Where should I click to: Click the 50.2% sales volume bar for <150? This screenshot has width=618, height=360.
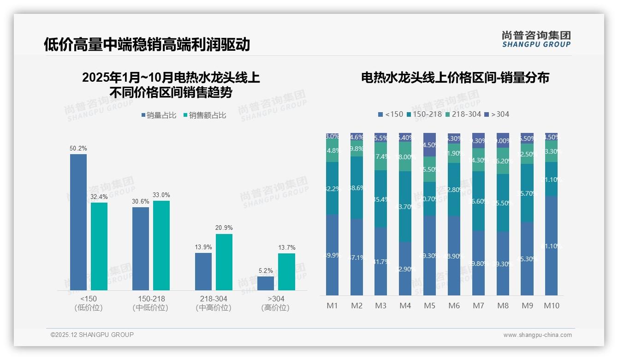coord(78,222)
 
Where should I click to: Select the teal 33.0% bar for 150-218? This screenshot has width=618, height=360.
coord(161,246)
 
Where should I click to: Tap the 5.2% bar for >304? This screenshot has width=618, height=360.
coord(266,283)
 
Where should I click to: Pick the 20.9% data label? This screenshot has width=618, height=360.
coord(224,228)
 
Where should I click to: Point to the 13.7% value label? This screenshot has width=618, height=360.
coord(286,247)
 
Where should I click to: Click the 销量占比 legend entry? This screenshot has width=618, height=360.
coord(159,115)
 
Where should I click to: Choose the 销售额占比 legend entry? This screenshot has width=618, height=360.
coord(205,115)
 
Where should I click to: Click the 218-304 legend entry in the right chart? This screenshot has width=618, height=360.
coord(463,114)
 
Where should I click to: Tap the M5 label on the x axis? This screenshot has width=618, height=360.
coord(429,306)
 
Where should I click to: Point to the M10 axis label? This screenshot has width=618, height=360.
coord(551,306)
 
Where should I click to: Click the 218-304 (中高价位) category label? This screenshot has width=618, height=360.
coord(213,303)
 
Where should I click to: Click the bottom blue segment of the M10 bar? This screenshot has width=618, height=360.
coord(551,246)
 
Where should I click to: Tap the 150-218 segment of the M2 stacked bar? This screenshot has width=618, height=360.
coord(357,187)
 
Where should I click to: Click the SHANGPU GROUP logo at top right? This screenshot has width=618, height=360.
coord(536,39)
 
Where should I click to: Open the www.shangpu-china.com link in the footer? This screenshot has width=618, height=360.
coord(537,335)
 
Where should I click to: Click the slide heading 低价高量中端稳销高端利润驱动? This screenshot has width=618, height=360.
coord(147,44)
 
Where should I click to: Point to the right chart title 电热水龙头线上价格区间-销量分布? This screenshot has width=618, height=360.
coord(455,78)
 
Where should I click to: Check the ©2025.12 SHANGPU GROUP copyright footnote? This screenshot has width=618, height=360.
coord(92,335)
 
